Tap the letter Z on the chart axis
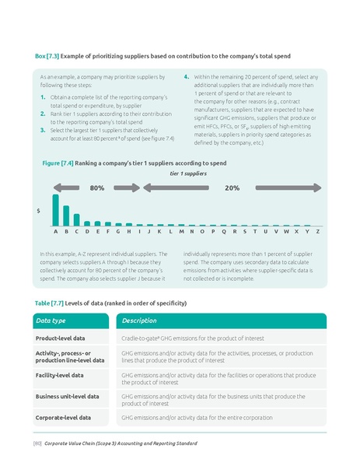point(319,231)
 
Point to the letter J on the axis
point(149,231)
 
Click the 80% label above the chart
point(97,188)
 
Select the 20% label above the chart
point(232,188)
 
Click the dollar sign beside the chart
point(39,211)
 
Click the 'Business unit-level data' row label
point(68,396)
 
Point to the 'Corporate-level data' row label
point(63,418)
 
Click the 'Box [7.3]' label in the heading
point(48,57)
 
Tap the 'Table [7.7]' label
point(51,302)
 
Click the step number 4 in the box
point(186,78)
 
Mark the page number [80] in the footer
point(37,443)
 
